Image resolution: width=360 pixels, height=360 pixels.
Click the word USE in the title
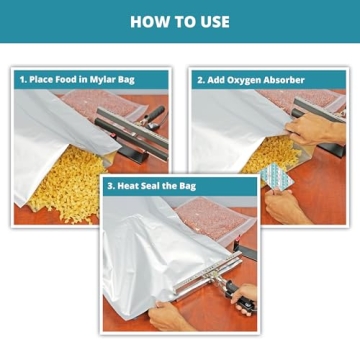click(x=212, y=21)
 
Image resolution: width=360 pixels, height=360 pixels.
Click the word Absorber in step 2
click(x=288, y=79)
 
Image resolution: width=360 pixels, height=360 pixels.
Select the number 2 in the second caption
click(x=200, y=79)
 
